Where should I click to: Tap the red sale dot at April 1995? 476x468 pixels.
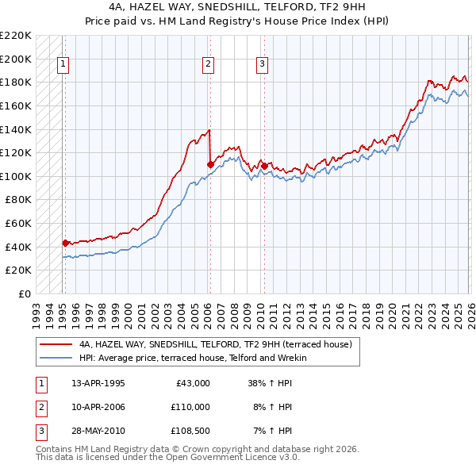click(x=65, y=244)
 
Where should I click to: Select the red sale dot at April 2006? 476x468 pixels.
click(x=209, y=165)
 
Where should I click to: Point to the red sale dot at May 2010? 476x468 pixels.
click(x=263, y=167)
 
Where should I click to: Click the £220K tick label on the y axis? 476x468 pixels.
click(x=16, y=36)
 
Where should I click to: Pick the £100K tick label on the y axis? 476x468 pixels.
click(x=16, y=176)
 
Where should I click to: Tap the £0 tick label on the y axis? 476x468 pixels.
click(x=24, y=293)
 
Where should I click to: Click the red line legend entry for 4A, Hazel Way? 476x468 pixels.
click(x=221, y=344)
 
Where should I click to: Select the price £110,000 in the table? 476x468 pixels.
click(x=190, y=407)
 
